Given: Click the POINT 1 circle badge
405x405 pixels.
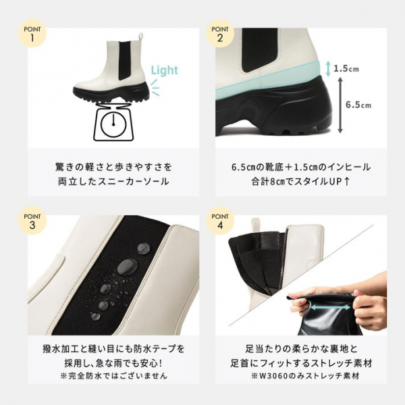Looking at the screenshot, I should (x=32, y=33).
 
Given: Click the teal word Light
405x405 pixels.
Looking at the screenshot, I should (x=165, y=70).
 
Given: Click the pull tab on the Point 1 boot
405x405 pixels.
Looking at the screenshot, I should (x=140, y=38).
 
